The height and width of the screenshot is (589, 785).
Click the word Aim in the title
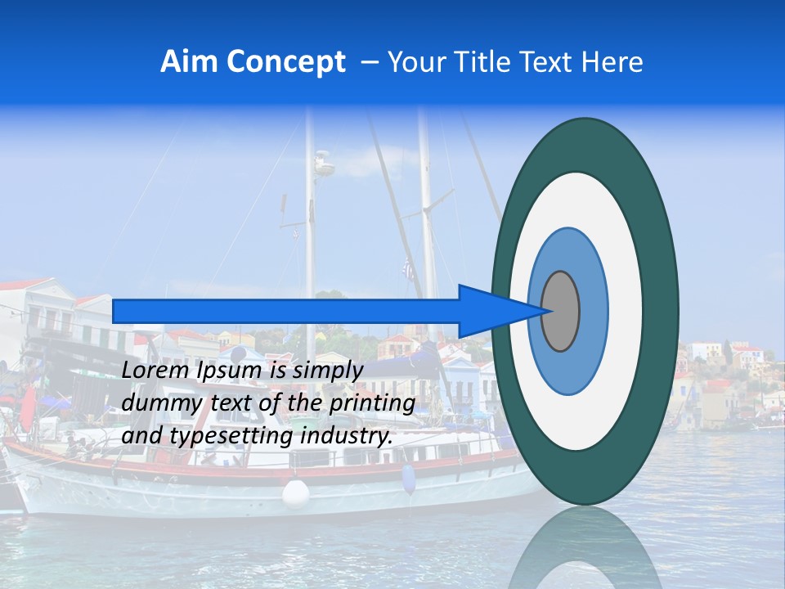(x=189, y=62)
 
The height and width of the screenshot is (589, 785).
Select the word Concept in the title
(x=286, y=62)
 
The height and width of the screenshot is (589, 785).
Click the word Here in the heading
(x=613, y=62)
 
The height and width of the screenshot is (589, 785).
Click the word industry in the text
(x=343, y=437)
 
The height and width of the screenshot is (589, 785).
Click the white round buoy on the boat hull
(x=296, y=493)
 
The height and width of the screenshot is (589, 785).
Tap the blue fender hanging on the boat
(x=408, y=479)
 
